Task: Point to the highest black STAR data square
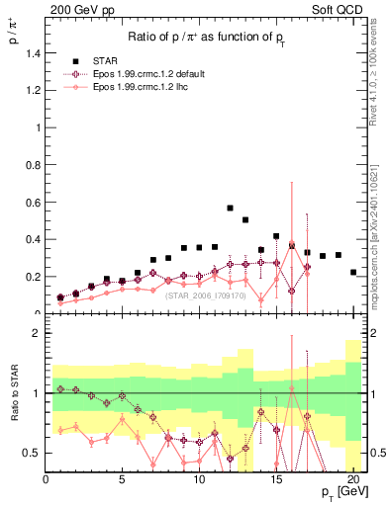(x=230, y=209)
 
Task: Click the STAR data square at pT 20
(x=353, y=272)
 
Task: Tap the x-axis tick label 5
(x=123, y=480)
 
